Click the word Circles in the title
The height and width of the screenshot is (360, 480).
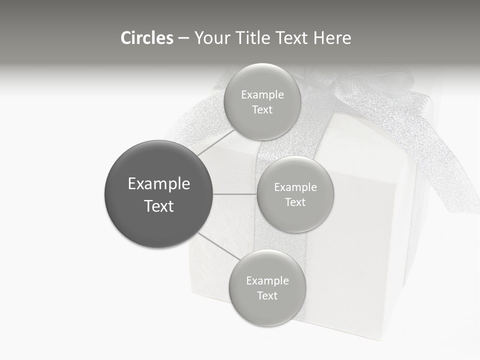(x=147, y=38)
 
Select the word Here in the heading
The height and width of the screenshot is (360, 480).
(x=333, y=38)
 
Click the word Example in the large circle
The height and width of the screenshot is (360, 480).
(x=159, y=184)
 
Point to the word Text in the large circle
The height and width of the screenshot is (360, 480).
(x=159, y=206)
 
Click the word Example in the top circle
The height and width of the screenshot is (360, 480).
(x=262, y=95)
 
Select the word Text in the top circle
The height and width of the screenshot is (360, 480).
(x=262, y=110)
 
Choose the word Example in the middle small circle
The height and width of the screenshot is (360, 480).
(x=295, y=187)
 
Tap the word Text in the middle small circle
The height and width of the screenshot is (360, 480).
(x=295, y=202)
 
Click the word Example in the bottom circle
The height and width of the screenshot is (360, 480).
(x=267, y=281)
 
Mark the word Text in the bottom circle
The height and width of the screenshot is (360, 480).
(x=267, y=296)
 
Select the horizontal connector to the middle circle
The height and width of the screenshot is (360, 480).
(x=235, y=194)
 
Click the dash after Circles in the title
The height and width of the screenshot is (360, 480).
(x=183, y=38)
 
